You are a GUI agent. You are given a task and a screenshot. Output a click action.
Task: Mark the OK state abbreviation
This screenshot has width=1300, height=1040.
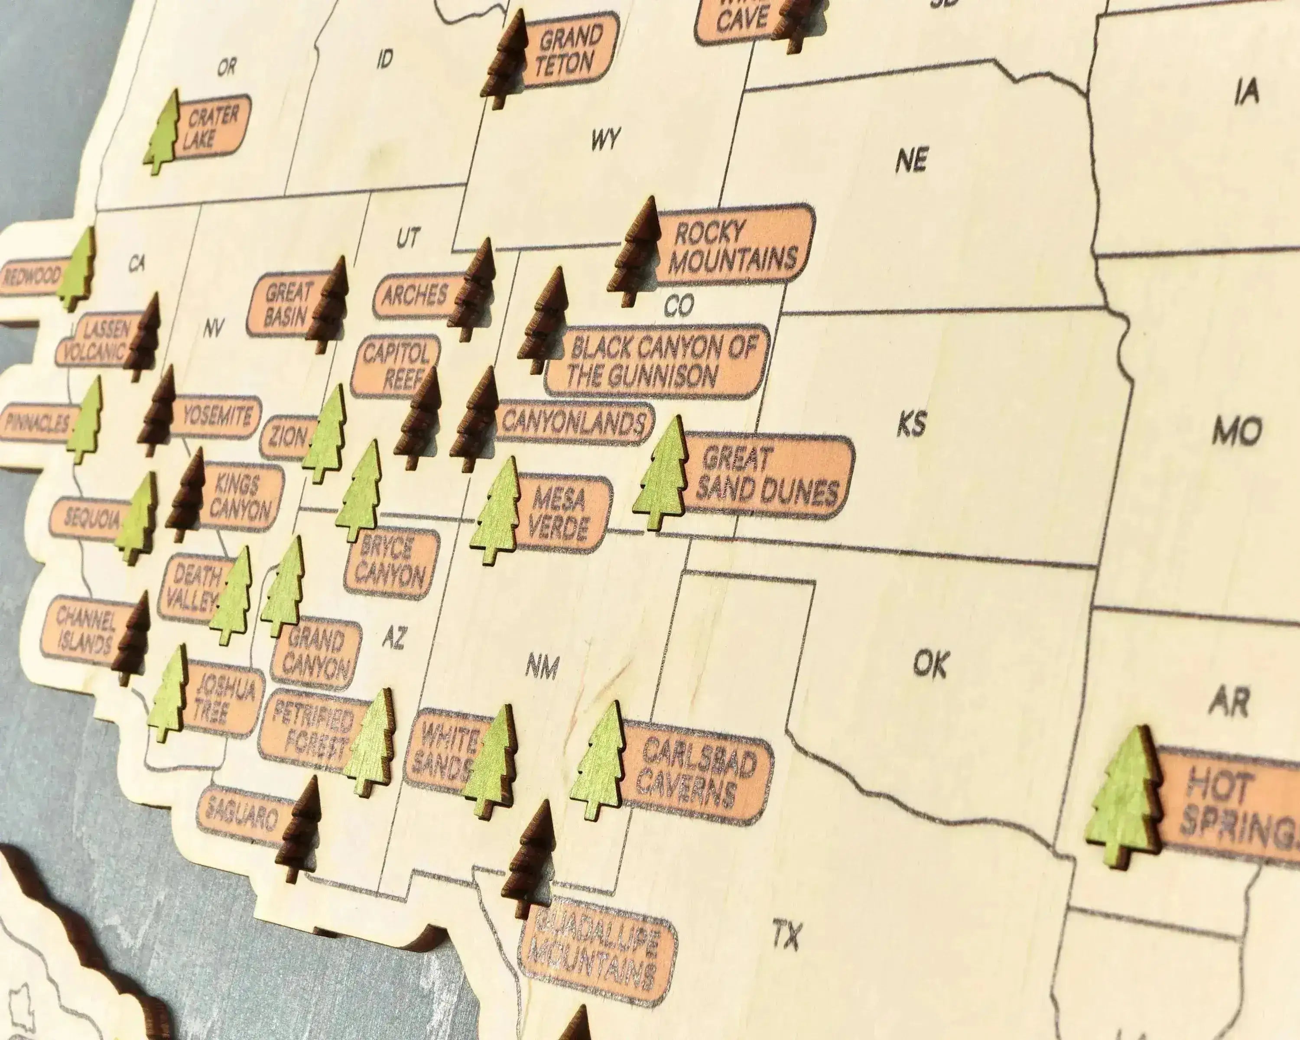pos(931,664)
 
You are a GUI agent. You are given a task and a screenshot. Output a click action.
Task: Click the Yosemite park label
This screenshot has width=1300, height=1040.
pos(216,416)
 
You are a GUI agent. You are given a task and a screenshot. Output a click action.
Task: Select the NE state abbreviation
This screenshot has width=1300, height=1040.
pos(910,160)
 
